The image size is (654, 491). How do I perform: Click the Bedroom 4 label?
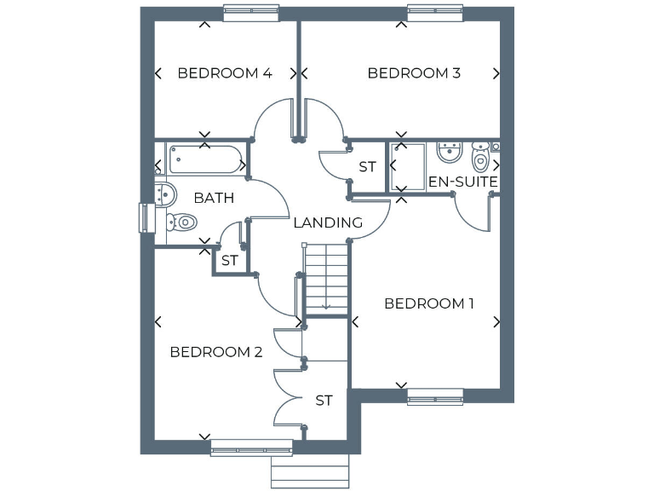[x=224, y=73]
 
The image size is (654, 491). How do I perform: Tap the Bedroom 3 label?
[x=414, y=73]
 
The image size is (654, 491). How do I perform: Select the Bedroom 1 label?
[x=429, y=303]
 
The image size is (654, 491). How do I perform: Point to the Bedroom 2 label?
[x=216, y=352]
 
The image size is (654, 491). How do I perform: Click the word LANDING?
[x=328, y=223]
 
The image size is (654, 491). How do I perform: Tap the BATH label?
[x=214, y=199]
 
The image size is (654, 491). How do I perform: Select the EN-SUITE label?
[x=462, y=182]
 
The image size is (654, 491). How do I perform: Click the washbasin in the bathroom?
[x=163, y=194]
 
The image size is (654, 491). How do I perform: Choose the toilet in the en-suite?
[x=480, y=158]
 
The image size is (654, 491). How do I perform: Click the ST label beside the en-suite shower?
[x=367, y=167]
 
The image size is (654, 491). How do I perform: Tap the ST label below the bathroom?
[x=229, y=261]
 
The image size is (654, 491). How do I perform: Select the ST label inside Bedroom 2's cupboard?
[x=324, y=401]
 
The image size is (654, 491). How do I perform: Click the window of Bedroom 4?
[x=252, y=12]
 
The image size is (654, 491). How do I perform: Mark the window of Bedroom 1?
[x=435, y=396]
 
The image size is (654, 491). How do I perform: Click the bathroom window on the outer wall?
[x=144, y=217]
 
